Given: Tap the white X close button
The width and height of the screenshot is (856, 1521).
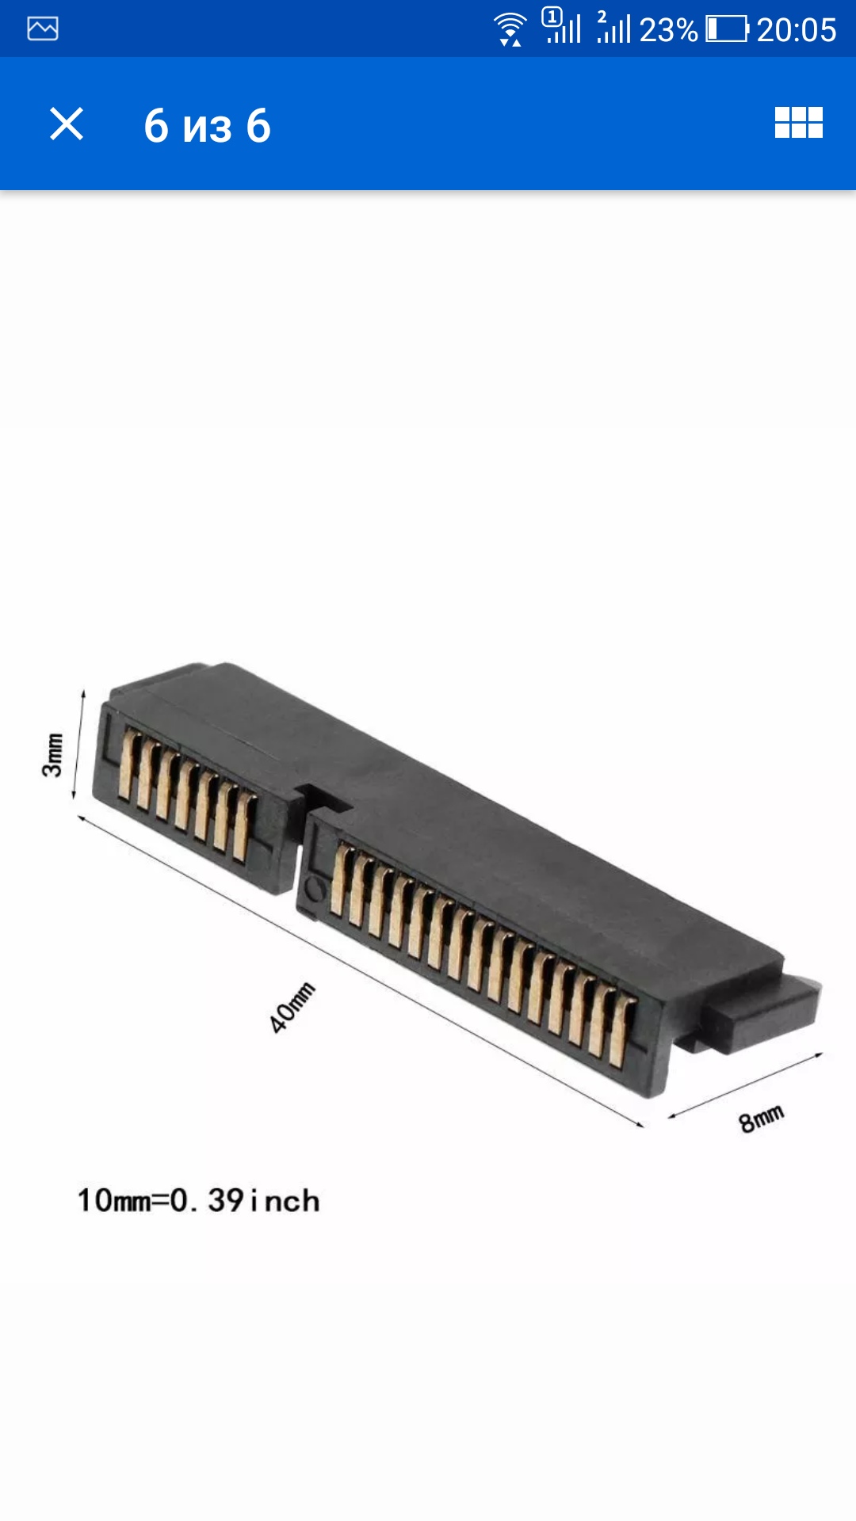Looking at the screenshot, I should coord(67,124).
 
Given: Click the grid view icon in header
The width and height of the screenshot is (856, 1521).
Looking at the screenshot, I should coord(798,123).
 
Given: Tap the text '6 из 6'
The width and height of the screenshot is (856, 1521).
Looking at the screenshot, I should coord(207,126).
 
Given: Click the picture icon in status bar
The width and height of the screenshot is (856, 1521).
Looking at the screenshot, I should coord(43,29).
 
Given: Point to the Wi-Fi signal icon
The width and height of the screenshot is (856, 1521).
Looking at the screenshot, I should coord(509,29).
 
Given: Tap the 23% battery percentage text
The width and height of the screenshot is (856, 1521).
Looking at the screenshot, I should coord(667,30).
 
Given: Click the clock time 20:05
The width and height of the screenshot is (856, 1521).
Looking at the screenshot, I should coord(796,30).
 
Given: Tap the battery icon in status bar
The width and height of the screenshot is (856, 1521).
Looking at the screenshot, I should coord(727,29).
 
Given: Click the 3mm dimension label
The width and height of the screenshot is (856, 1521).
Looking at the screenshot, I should coord(52,755).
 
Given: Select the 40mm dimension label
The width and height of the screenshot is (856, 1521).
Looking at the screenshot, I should coord(292,1007).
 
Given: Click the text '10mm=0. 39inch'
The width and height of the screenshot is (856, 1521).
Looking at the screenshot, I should coord(198,1201).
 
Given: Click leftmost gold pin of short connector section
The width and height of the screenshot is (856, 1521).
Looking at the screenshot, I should coord(127,765).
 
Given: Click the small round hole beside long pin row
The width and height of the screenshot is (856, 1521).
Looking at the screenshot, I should coord(315,889).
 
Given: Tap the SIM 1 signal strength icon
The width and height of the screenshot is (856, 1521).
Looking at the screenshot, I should coord(563,27).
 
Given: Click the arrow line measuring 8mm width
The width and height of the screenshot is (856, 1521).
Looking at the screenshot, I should coord(745,1085).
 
